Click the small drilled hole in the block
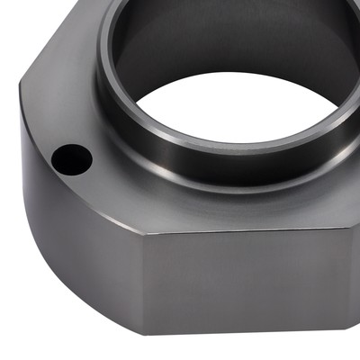coord(72,159)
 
